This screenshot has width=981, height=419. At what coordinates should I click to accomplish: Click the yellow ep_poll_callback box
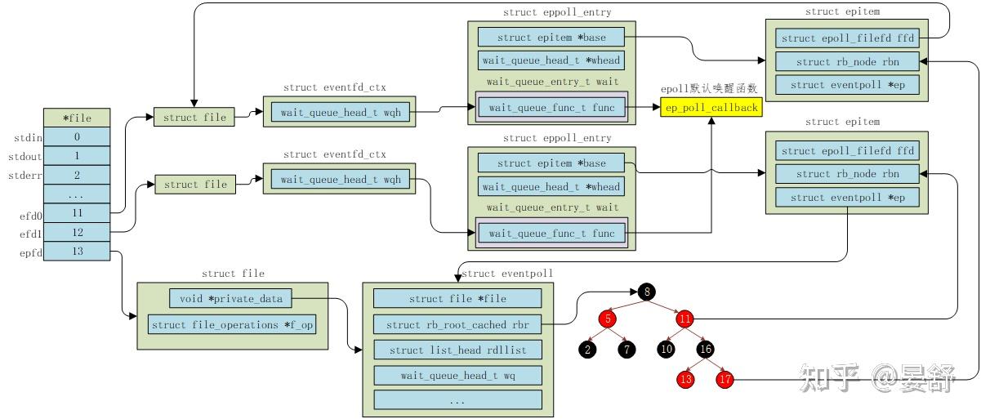[711, 107]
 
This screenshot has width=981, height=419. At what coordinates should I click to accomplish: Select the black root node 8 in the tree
[647, 292]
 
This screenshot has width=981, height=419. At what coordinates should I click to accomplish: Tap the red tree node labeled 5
[608, 319]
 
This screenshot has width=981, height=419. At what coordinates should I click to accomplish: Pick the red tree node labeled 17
[725, 379]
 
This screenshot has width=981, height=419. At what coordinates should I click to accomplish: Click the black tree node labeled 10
[667, 349]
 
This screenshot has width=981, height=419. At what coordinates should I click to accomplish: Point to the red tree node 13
[685, 379]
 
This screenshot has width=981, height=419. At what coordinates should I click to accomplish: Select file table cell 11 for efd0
[77, 213]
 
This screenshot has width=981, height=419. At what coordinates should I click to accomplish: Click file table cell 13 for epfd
[77, 252]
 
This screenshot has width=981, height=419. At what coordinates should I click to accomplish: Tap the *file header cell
[77, 118]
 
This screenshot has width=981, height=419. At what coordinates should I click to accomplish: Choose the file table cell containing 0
[77, 137]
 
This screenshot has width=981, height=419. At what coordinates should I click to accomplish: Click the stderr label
[25, 176]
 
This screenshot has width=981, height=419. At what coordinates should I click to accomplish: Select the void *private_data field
[231, 299]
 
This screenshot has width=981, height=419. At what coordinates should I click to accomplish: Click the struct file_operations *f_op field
[232, 324]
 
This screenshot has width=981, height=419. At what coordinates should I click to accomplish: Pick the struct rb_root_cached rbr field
[457, 324]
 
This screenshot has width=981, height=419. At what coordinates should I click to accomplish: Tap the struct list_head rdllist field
[457, 350]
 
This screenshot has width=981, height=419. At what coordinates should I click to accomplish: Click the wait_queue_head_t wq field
[457, 375]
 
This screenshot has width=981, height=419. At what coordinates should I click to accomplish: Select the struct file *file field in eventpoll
[457, 299]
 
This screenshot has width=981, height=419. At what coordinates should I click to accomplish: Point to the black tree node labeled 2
[587, 349]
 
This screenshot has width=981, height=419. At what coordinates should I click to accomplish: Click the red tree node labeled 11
[685, 319]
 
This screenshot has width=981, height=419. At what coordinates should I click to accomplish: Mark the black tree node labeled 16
[706, 349]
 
